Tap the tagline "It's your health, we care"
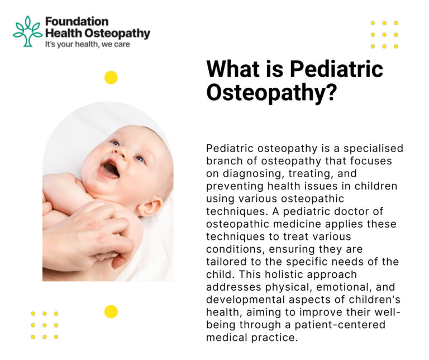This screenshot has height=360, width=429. click(x=87, y=44)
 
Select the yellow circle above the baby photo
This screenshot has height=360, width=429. click(x=111, y=78)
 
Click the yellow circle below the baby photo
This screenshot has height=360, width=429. click(x=111, y=311)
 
